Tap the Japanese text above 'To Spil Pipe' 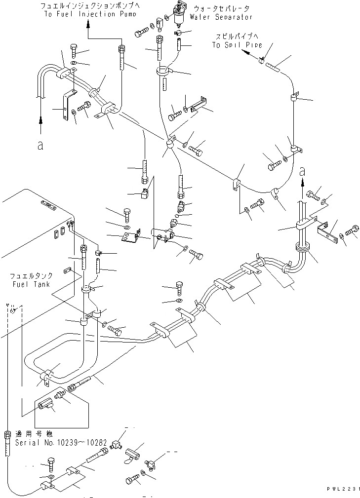click(237, 37)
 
